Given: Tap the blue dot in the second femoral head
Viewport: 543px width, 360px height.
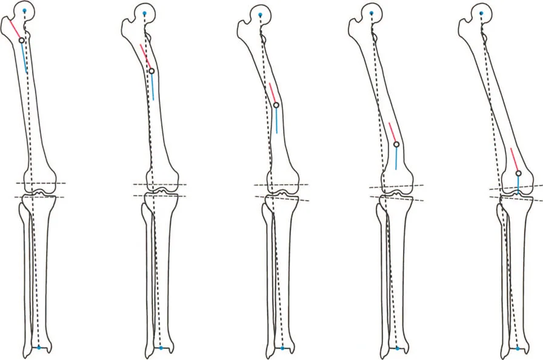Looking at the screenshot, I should (x=144, y=14).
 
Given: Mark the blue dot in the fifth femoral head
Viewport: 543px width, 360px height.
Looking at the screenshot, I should (x=481, y=13).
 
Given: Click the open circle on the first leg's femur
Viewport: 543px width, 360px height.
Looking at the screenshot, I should (x=22, y=40).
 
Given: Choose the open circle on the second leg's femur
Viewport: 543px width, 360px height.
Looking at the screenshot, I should (x=152, y=71).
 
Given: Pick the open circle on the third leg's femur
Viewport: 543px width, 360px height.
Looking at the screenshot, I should (x=276, y=105).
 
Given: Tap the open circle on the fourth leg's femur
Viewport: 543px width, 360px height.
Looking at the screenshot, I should (x=396, y=144).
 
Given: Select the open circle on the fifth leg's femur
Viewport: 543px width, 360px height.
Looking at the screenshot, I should (x=518, y=173).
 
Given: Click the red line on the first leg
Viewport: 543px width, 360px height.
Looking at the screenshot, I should (x=15, y=28).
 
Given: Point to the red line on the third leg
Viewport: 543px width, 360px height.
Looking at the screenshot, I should (x=273, y=93).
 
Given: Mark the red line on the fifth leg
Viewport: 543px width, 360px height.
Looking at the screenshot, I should (x=515, y=159).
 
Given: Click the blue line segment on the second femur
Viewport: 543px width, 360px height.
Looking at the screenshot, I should (x=153, y=88).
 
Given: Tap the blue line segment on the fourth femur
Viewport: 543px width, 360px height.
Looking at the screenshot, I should (x=396, y=158).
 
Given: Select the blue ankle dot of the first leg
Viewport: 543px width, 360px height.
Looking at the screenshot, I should (x=39, y=348).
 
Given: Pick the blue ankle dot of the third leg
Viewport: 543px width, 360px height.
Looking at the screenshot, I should (x=282, y=348).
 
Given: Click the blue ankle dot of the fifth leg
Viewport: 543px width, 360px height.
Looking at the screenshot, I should (x=517, y=348).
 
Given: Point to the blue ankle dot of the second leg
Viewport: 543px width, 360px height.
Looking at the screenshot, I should (x=161, y=348).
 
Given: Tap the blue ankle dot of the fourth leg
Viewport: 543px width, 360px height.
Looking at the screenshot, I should (x=398, y=348).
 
